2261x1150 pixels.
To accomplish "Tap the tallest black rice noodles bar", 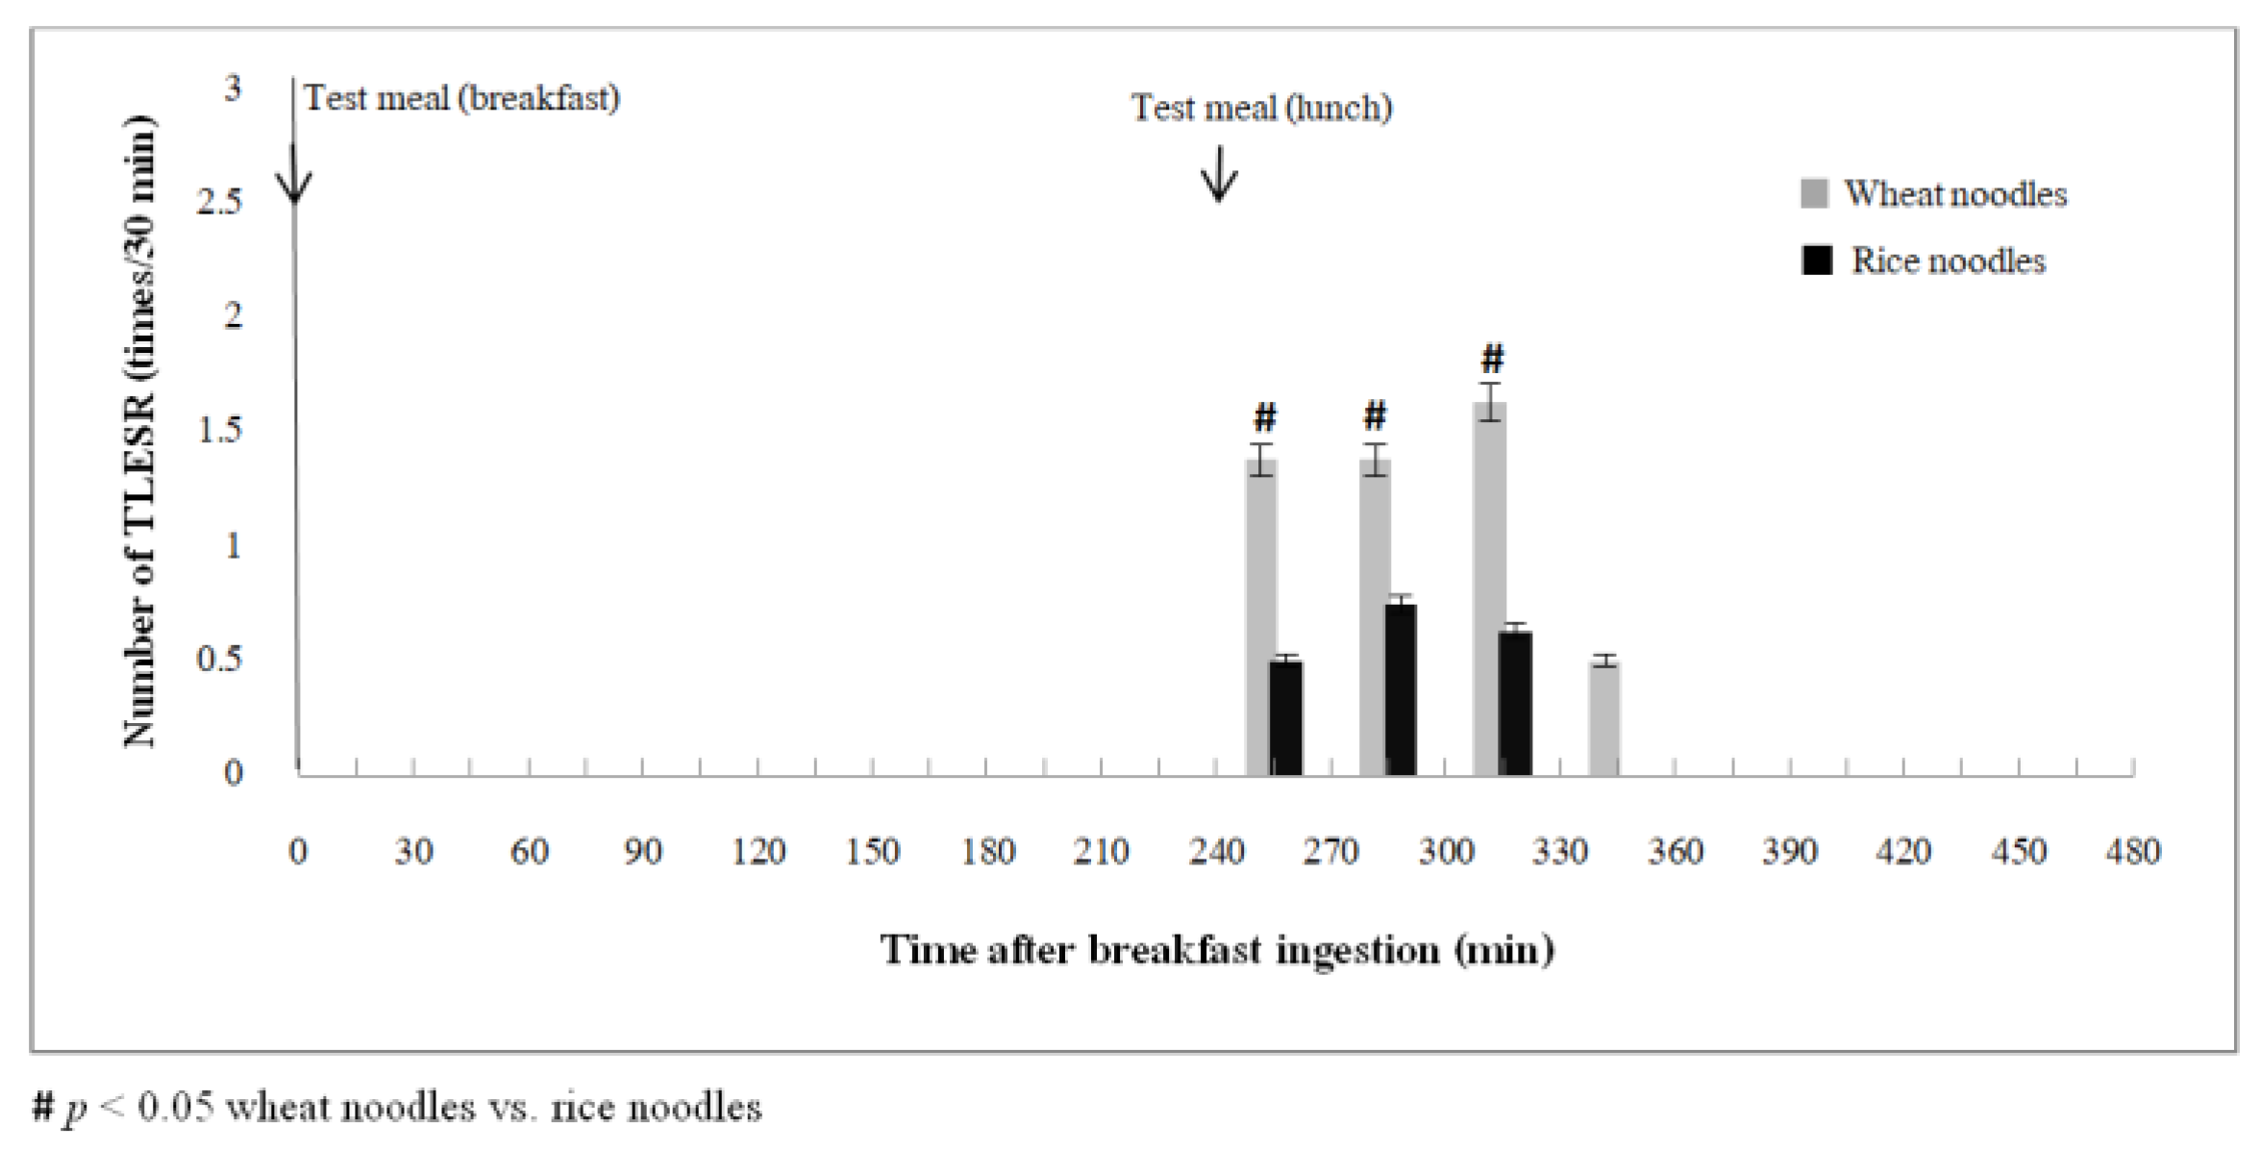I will tap(1401, 689).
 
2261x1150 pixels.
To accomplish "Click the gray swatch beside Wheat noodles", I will tap(1813, 193).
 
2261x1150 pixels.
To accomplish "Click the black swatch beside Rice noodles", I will tap(1816, 261).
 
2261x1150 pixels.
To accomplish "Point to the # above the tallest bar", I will tap(1491, 359).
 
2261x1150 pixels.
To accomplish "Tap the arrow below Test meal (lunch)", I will tap(1219, 174).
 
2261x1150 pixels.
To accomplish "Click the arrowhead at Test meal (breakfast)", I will tap(294, 187).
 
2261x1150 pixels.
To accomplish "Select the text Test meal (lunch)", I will tap(1260, 108).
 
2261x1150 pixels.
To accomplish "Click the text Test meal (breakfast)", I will tap(461, 98).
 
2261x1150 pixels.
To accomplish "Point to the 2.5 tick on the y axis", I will tap(219, 202).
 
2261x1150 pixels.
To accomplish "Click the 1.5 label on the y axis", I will tap(219, 430).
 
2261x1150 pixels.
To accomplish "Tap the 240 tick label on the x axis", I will tap(1216, 851).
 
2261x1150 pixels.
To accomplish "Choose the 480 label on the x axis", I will tap(2132, 851).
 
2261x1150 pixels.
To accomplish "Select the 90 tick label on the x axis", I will tap(642, 851).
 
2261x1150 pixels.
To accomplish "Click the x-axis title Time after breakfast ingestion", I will tap(1216, 950).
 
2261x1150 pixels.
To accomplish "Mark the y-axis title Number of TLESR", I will tap(140, 431).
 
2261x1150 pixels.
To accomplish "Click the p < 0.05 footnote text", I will tap(398, 1108).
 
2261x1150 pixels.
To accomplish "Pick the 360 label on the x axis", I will tap(1675, 851).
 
